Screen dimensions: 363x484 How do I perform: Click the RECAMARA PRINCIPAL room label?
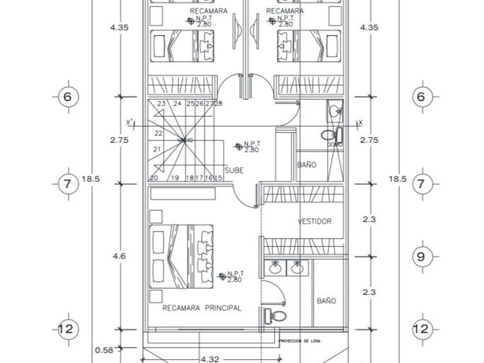click(x=201, y=308)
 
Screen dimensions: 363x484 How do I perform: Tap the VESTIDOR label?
click(x=315, y=221)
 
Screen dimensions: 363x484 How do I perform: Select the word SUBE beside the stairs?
click(x=234, y=170)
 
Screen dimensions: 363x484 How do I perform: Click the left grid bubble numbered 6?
click(x=68, y=97)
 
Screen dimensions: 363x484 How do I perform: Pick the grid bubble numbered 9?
click(x=421, y=256)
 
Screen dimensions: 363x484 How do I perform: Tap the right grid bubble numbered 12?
click(x=421, y=329)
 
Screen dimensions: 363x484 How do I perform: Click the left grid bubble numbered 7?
click(x=68, y=184)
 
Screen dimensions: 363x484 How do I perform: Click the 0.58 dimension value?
click(x=104, y=350)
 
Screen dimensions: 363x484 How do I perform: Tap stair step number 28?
click(x=218, y=104)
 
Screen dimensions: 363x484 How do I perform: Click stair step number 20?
click(x=154, y=178)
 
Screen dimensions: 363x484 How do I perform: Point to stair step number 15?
click(x=218, y=178)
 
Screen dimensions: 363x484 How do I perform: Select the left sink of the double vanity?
click(x=276, y=268)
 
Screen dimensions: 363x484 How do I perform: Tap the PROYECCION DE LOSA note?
click(x=300, y=341)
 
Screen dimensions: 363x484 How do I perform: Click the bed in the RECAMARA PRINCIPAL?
click(x=181, y=256)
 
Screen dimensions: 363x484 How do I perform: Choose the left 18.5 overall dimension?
click(x=90, y=179)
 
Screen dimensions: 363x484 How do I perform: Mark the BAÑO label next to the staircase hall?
click(x=307, y=165)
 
